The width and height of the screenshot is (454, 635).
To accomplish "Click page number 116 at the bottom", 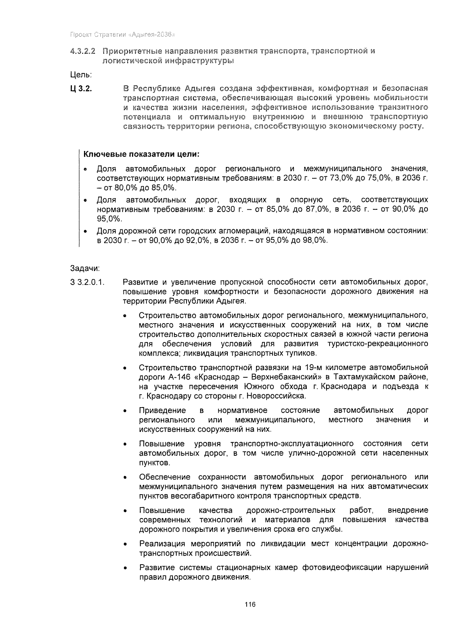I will [x=250, y=604].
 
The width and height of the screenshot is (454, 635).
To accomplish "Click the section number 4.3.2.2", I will [x=83, y=51].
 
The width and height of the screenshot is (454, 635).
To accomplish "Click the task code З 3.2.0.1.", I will [x=87, y=282].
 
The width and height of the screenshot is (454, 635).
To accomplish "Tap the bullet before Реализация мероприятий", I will [x=125, y=545].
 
